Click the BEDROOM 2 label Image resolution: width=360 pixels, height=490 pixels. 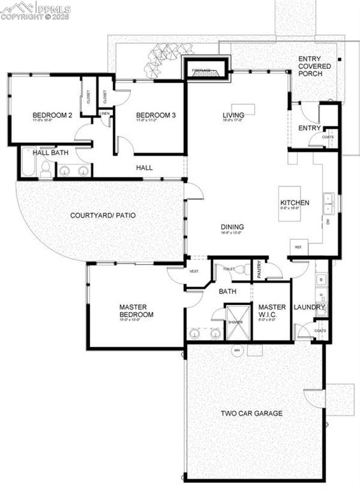click(x=52, y=115)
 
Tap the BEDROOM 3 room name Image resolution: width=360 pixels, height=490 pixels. click(x=155, y=115)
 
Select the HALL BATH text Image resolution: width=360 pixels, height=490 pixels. click(x=51, y=153)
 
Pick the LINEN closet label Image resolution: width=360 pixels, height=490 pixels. click(x=105, y=114)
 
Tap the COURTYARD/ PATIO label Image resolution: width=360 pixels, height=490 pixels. click(x=103, y=215)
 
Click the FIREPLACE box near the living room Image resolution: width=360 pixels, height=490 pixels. click(x=206, y=71)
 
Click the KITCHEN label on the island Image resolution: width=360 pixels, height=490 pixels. click(x=295, y=204)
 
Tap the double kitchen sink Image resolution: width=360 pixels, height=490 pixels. click(x=330, y=203)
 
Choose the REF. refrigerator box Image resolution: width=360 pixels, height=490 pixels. click(x=298, y=247)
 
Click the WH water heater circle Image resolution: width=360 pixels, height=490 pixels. click(x=236, y=350)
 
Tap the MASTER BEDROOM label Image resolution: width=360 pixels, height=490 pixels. click(x=137, y=311)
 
